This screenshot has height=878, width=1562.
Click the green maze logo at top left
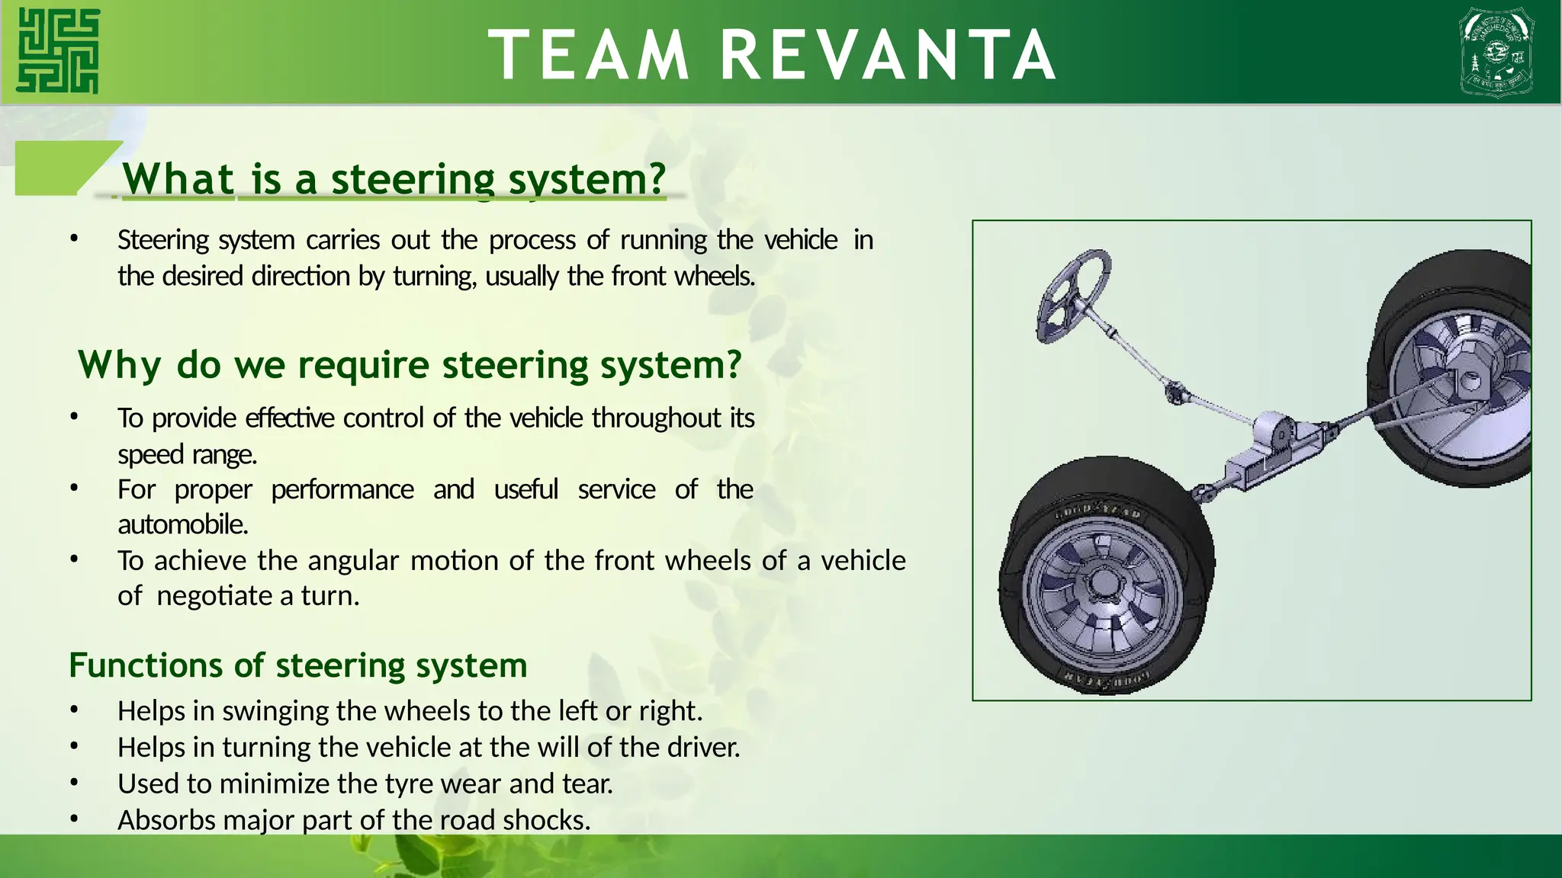(x=58, y=51)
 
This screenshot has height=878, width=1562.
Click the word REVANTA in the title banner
(x=889, y=55)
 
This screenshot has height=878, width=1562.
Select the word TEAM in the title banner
(x=589, y=55)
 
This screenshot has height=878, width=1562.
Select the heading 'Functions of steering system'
(x=298, y=665)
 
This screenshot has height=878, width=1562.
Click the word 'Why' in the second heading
(x=119, y=365)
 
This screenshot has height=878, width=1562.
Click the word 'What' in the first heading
(x=178, y=180)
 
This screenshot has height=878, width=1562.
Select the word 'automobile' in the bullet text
(x=182, y=524)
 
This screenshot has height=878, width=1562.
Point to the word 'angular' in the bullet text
(x=353, y=560)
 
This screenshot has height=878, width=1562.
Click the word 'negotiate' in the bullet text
(x=215, y=595)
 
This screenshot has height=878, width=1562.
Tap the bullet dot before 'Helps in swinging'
(x=74, y=710)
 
